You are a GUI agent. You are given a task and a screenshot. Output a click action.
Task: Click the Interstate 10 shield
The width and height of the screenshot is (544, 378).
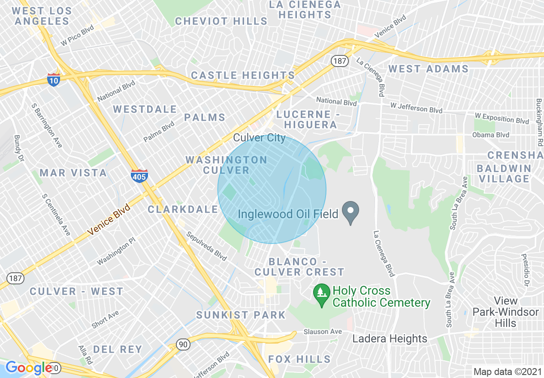(54, 79)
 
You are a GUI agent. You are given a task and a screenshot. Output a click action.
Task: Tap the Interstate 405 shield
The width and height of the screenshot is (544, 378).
(139, 176)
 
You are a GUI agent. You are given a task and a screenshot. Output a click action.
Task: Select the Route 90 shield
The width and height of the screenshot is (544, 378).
(184, 344)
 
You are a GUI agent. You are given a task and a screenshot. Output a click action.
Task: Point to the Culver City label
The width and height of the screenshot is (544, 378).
(259, 138)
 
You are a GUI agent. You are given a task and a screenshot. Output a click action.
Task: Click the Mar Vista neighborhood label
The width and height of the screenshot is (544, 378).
(73, 173)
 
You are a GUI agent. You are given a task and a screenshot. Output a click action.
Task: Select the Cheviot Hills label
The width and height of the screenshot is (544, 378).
(221, 21)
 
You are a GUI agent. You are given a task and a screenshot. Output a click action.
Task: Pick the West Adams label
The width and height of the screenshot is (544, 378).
(428, 69)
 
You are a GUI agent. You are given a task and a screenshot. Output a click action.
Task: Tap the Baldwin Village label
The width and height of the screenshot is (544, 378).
(504, 174)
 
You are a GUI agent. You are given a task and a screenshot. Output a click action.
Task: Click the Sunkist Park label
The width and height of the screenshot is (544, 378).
(241, 315)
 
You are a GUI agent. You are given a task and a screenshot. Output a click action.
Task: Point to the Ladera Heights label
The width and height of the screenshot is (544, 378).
(390, 338)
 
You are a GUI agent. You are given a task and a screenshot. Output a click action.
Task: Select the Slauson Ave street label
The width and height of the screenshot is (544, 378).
(323, 332)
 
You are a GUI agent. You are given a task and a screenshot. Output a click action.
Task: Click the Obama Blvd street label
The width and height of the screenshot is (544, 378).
(490, 135)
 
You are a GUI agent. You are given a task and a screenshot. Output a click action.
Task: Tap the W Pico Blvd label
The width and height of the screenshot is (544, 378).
(77, 36)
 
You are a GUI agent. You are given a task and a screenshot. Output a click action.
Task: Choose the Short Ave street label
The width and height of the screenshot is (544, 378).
(105, 320)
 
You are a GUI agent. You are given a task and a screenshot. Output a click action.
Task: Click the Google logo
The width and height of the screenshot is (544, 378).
(29, 368)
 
